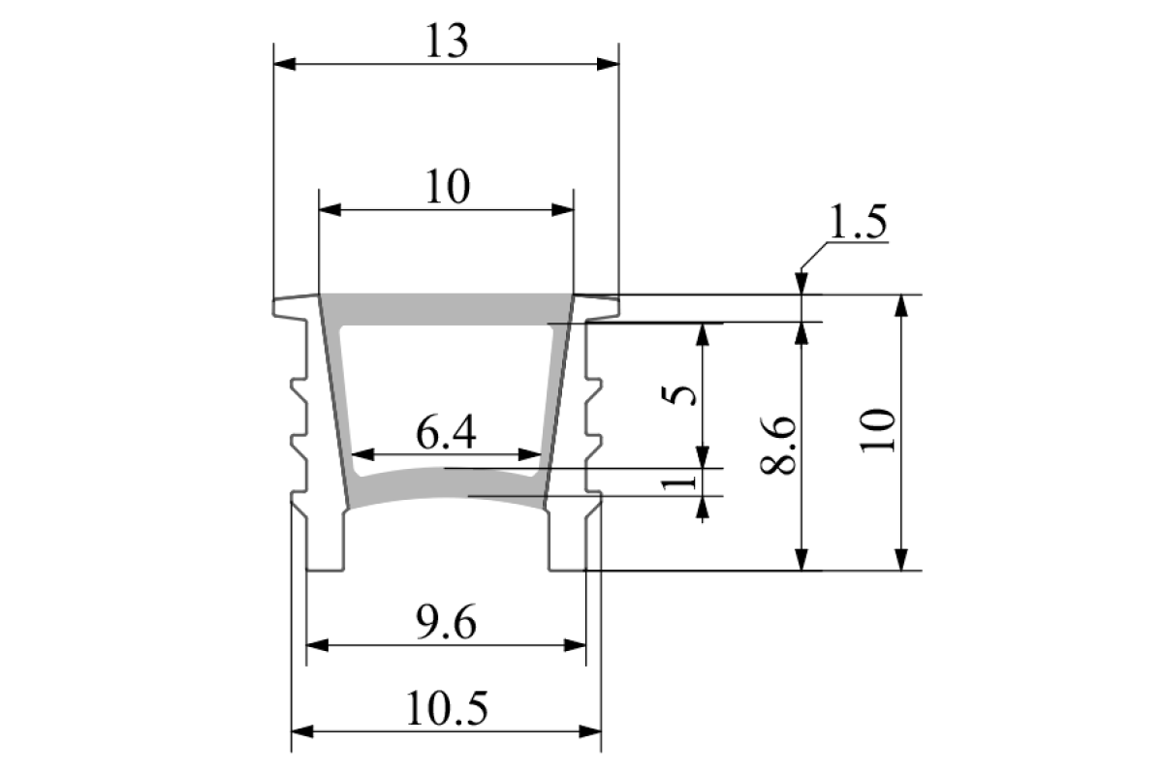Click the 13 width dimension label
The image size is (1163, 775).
[447, 42]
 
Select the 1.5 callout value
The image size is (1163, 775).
[859, 222]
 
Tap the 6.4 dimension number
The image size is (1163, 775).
[446, 433]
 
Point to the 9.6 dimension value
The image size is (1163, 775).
[446, 623]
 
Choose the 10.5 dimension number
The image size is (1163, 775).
[447, 709]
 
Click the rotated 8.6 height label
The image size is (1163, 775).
[777, 446]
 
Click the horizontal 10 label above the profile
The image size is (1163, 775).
[448, 187]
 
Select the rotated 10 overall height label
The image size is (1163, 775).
[878, 431]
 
